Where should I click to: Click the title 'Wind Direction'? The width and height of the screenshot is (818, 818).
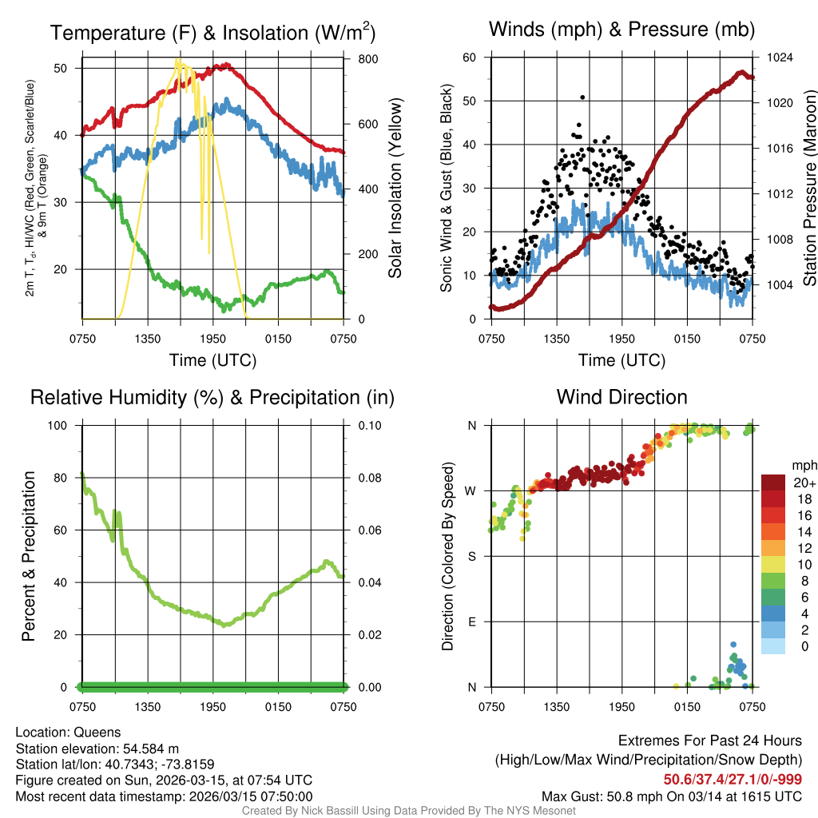pyautogui.click(x=621, y=397)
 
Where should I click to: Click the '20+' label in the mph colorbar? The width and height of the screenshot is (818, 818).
pyautogui.click(x=802, y=482)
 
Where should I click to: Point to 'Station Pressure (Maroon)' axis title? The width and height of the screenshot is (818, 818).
pyautogui.click(x=809, y=189)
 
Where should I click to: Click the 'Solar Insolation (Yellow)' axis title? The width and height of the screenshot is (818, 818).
pyautogui.click(x=395, y=189)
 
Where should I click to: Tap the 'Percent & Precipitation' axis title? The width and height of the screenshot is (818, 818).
pyautogui.click(x=28, y=556)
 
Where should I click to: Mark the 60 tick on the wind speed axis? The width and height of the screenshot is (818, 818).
pyautogui.click(x=470, y=58)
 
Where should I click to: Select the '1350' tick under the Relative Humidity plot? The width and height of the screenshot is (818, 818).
pyautogui.click(x=148, y=707)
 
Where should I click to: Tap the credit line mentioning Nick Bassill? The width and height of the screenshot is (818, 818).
pyautogui.click(x=408, y=811)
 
